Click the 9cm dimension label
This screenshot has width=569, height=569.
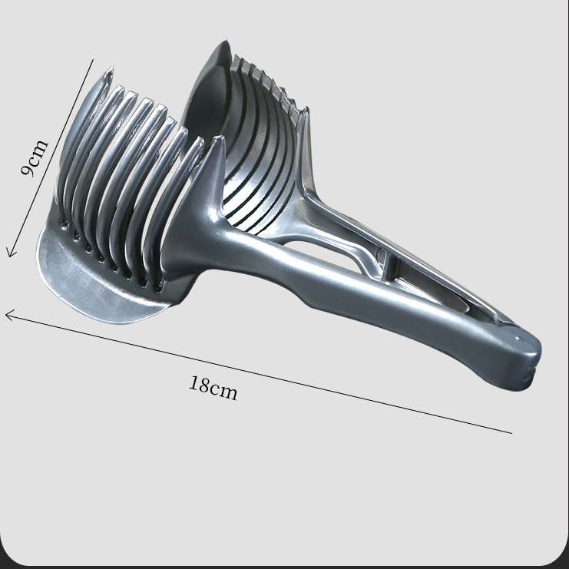click(34, 158)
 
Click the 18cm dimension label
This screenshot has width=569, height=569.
click(213, 388)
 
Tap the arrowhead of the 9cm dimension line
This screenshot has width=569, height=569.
click(11, 252)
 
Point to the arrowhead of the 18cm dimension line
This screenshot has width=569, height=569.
click(11, 314)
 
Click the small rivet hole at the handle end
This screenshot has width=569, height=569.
click(518, 339)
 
